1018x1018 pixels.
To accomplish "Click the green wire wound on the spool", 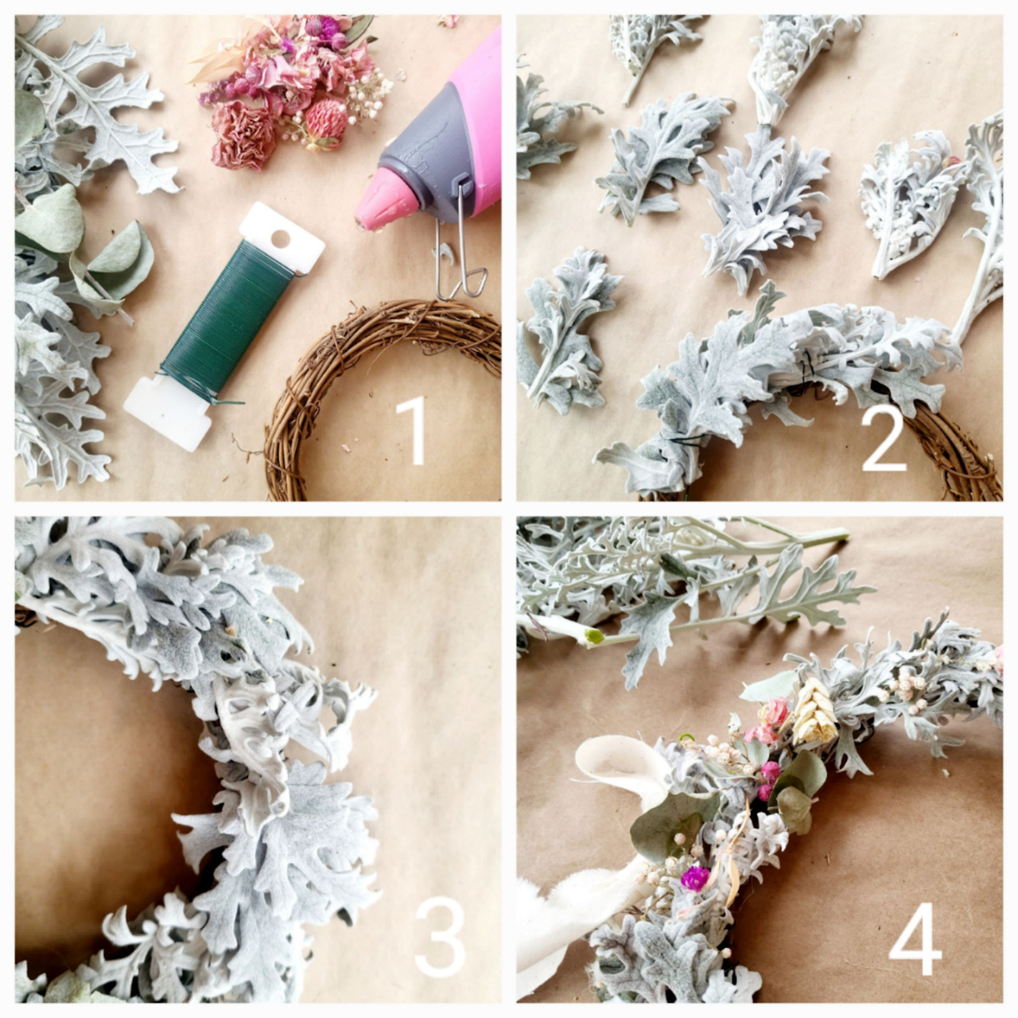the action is (x=227, y=312).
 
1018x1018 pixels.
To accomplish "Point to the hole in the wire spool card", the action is (x=281, y=239).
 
